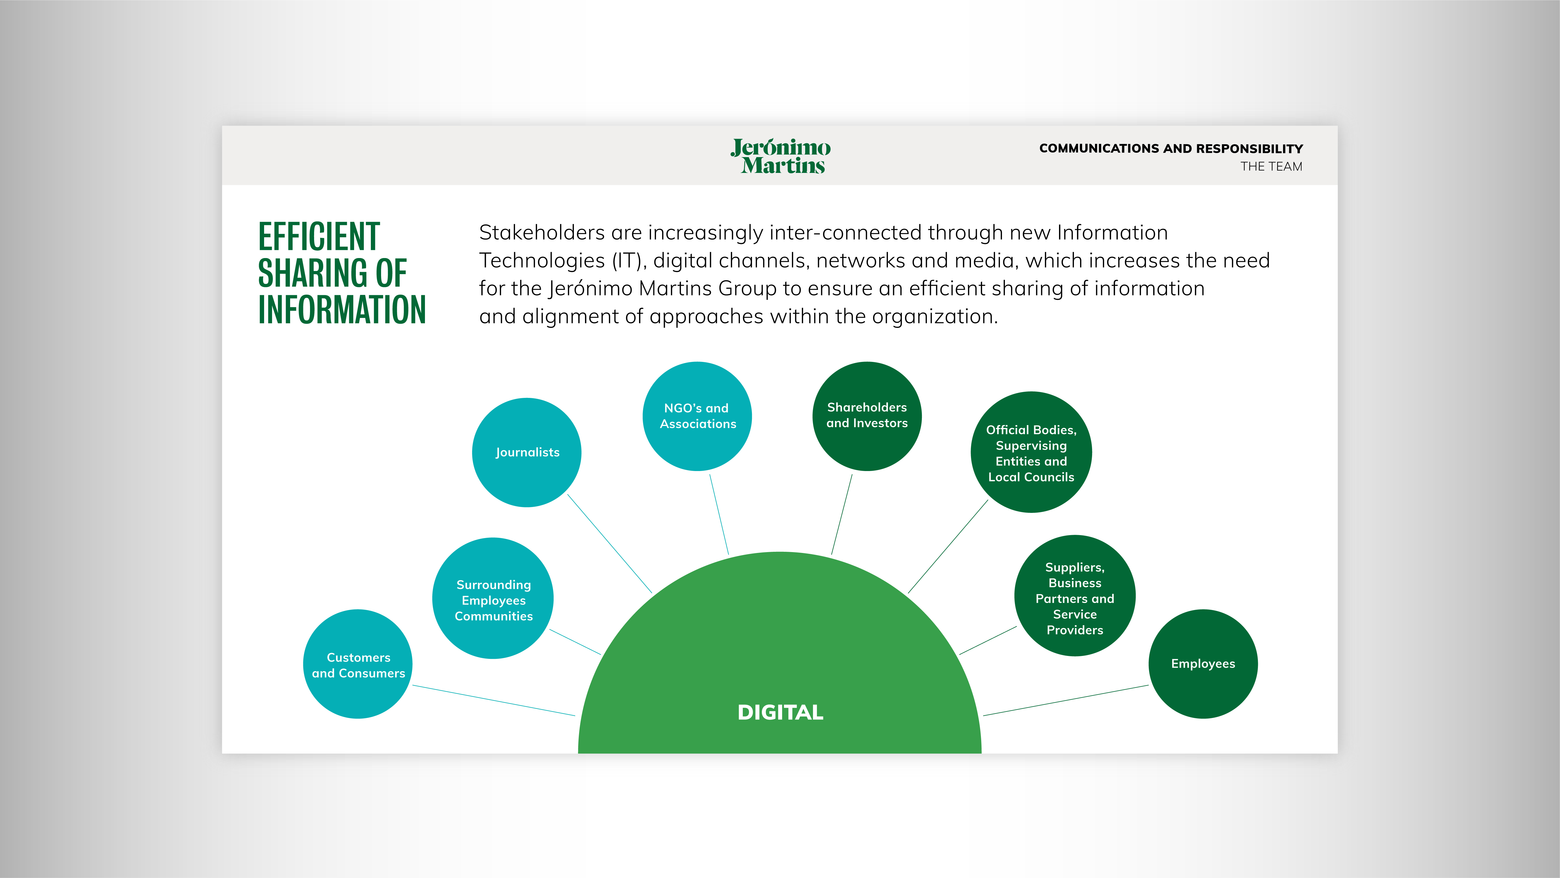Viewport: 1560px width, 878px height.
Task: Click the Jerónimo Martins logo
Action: click(x=781, y=156)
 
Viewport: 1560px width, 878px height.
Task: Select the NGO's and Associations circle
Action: click(x=697, y=416)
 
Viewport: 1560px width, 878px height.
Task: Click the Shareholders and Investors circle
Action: click(x=867, y=416)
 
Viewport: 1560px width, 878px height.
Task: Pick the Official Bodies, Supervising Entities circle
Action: click(x=1031, y=452)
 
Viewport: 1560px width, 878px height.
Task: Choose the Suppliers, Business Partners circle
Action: click(x=1075, y=596)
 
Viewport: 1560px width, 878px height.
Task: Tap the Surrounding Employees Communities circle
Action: click(x=493, y=598)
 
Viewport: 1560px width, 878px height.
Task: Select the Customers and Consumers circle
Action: click(x=358, y=664)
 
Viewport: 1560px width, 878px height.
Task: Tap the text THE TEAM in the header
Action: click(x=1271, y=167)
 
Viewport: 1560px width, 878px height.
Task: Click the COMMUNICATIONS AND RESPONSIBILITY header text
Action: click(x=1171, y=148)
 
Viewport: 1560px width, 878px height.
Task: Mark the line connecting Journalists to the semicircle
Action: click(x=609, y=544)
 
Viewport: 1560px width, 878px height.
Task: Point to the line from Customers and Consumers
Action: click(x=494, y=700)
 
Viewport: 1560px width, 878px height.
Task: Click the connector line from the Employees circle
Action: click(x=1066, y=700)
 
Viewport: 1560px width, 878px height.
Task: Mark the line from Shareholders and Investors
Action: click(x=842, y=514)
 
